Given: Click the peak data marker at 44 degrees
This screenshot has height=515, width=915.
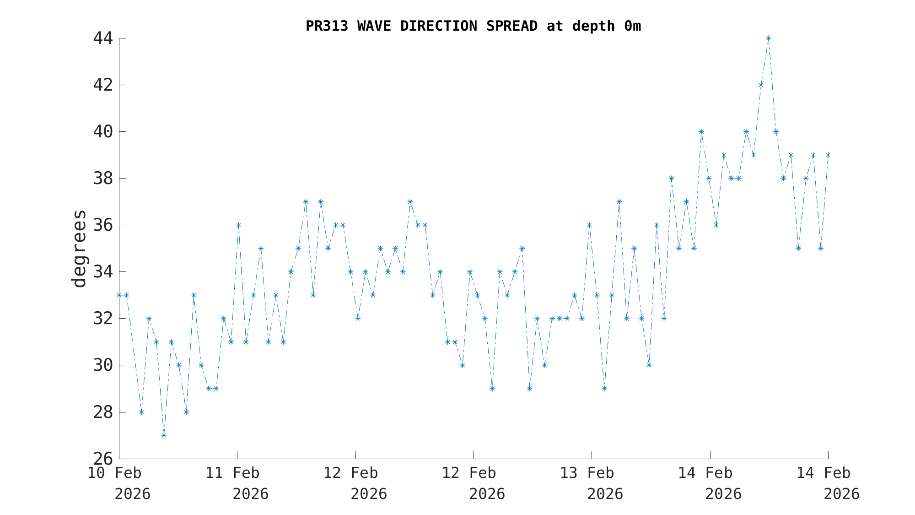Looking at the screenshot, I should pos(768,38).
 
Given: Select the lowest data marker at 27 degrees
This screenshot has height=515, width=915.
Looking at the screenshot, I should pos(164,435).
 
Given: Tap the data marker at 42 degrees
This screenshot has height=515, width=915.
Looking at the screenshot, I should pos(761,85).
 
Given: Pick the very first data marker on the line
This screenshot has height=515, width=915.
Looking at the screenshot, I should pos(119,295).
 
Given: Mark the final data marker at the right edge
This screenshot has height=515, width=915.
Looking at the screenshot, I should pos(828,155).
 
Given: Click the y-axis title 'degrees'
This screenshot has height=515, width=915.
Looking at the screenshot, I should pos(79,249).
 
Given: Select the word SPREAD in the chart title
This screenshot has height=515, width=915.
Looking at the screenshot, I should pos(512,26).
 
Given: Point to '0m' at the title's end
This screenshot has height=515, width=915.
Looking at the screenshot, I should pos(632,26).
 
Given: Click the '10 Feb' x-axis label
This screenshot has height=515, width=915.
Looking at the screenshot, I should pos(114,473).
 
